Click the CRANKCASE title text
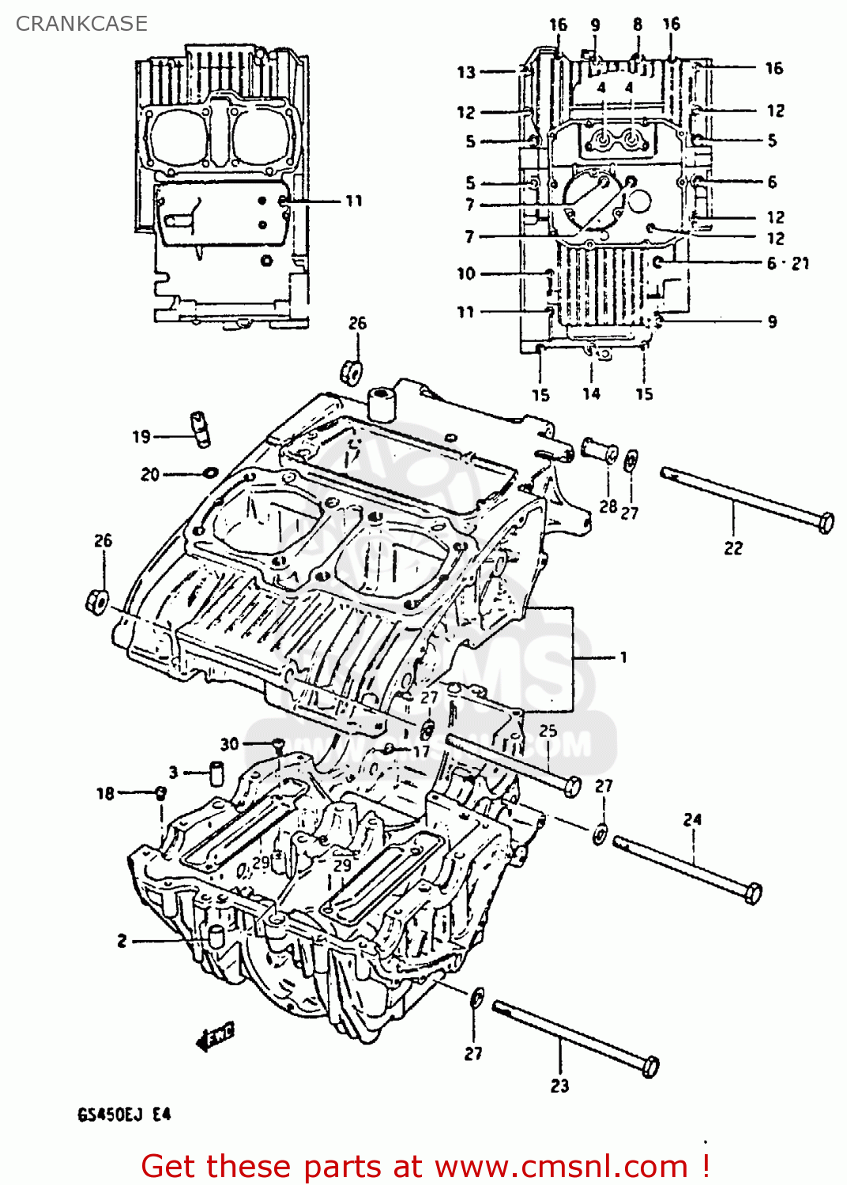(81, 24)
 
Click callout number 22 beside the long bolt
(733, 547)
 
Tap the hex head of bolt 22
(825, 523)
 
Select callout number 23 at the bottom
(559, 1086)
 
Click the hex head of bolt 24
(753, 893)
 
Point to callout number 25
(548, 731)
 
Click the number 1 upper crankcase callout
(623, 656)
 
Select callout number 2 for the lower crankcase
(122, 941)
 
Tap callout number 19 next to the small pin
(141, 437)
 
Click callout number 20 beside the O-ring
(150, 474)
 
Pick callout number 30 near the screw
(229, 743)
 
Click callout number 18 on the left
(105, 793)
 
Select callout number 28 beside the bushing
(608, 506)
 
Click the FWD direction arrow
(215, 1036)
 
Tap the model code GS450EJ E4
(124, 1115)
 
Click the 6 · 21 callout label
(788, 263)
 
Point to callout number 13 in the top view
(466, 72)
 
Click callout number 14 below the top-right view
(591, 393)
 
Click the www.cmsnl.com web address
(561, 1166)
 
